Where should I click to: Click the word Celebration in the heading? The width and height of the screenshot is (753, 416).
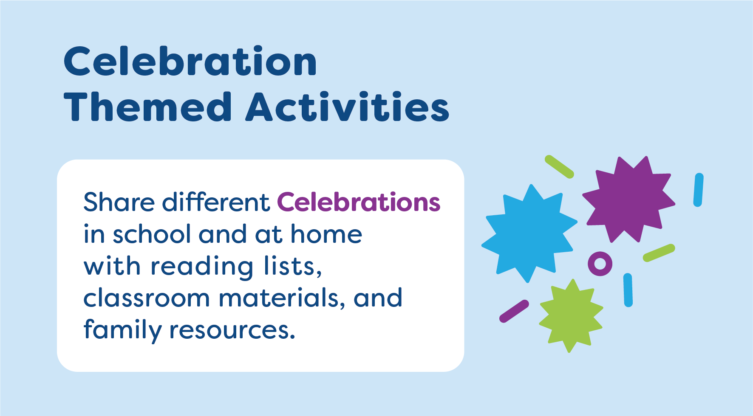[x=190, y=62]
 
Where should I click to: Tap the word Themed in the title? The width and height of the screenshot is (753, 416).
[x=147, y=107]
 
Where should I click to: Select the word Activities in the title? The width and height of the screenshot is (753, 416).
[x=347, y=107]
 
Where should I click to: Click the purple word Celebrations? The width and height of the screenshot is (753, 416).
[x=359, y=202]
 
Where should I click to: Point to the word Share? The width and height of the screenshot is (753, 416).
[x=119, y=202]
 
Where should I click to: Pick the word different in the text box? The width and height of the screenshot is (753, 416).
[x=216, y=202]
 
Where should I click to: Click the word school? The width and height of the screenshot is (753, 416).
[x=152, y=234]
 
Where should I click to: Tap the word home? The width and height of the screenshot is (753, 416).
[x=326, y=234]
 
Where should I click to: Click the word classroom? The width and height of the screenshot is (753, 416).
[x=147, y=298]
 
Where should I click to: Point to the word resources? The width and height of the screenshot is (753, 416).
[x=232, y=330]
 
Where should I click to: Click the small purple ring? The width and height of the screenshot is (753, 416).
[x=600, y=264]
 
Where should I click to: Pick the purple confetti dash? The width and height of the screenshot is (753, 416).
[x=514, y=311]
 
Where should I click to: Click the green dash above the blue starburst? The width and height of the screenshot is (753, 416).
[x=559, y=166]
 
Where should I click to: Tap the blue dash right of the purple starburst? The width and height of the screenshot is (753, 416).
[x=698, y=190]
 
